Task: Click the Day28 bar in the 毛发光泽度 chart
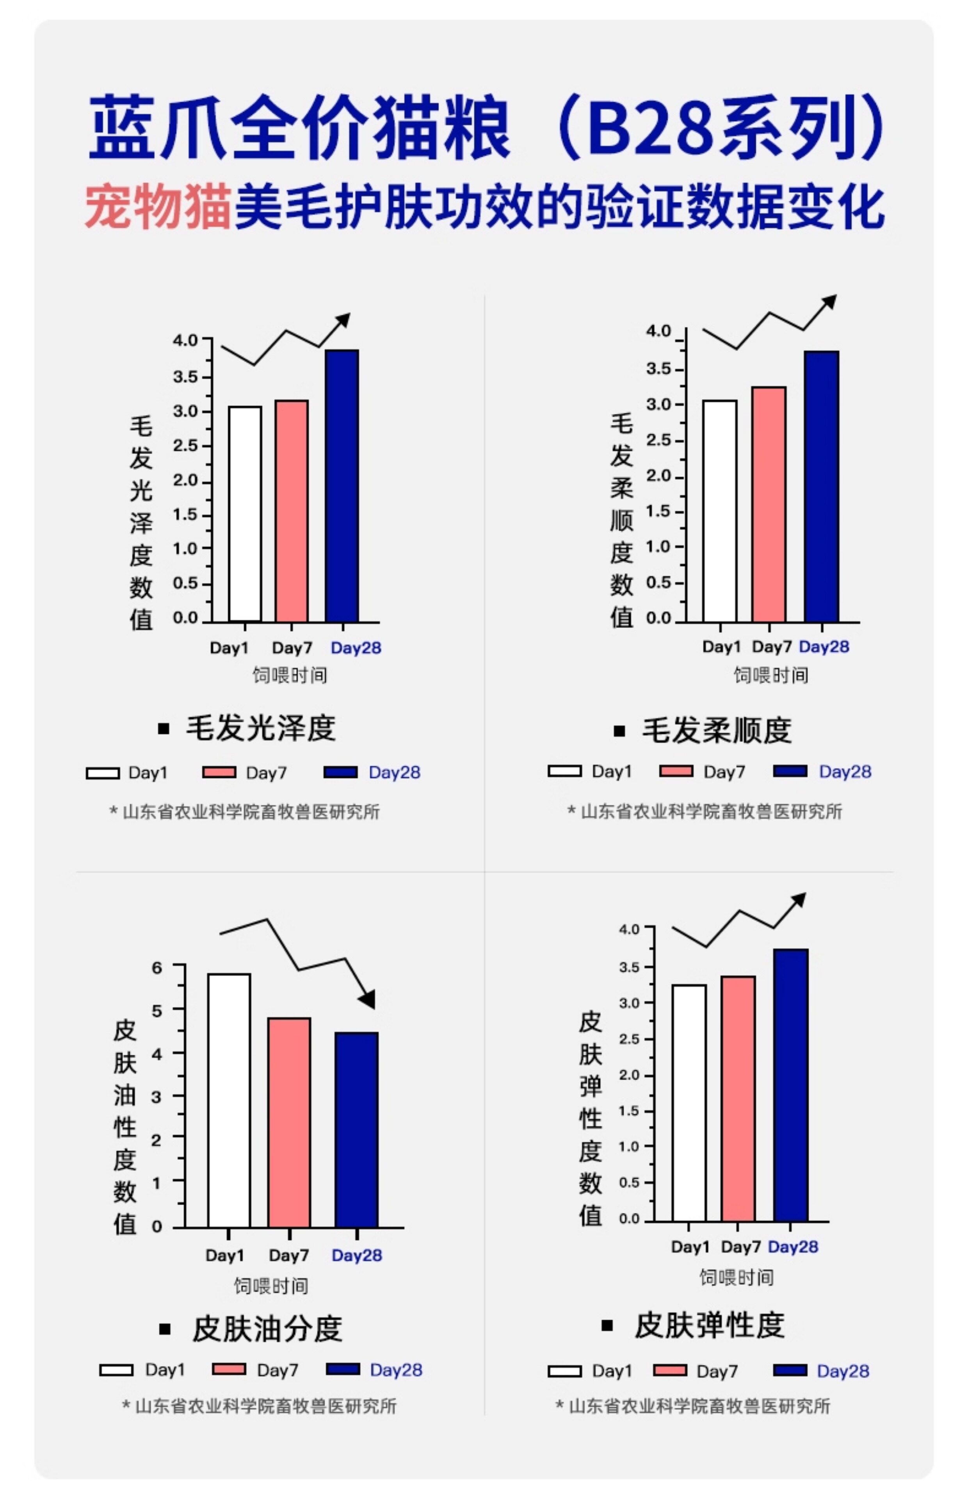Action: tap(342, 485)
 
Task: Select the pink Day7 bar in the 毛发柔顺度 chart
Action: tap(769, 505)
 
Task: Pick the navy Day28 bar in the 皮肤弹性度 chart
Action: tap(791, 1085)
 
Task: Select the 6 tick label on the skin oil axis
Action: tap(157, 968)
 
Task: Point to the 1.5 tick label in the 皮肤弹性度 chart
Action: tap(629, 1111)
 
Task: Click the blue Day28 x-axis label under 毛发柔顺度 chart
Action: tap(824, 647)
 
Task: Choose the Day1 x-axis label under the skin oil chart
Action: tap(224, 1255)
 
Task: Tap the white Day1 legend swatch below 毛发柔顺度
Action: tap(564, 771)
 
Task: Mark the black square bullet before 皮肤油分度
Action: tap(165, 1329)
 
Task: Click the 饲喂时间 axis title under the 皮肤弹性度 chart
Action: tap(737, 1277)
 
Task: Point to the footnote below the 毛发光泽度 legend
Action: tap(245, 812)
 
